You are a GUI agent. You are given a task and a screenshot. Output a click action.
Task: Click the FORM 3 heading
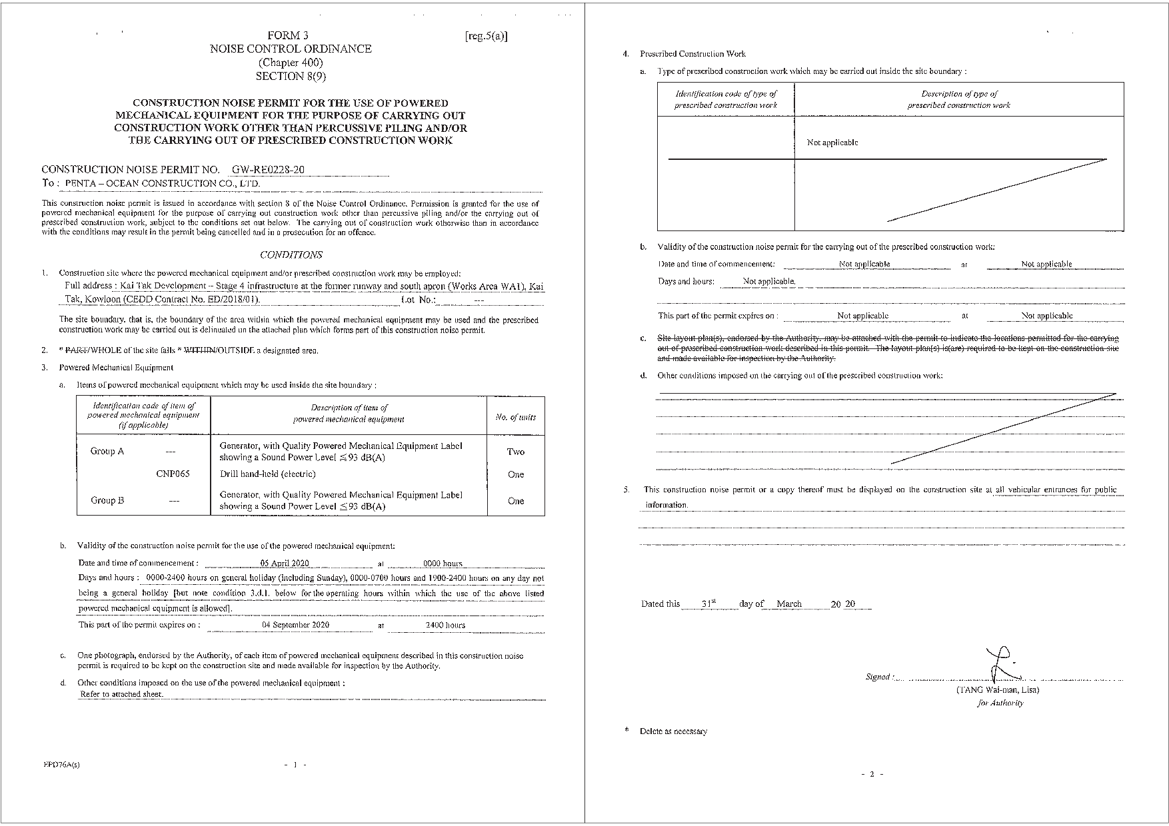[x=288, y=35]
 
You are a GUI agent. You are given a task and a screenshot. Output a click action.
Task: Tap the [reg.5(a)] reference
[x=486, y=36]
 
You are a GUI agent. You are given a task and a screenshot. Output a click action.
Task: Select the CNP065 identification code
[x=173, y=474]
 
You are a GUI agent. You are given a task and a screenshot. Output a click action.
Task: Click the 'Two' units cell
[x=515, y=452]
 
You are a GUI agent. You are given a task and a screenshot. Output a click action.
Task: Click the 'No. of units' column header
[x=515, y=417]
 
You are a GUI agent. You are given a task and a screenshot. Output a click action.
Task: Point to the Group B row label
[x=107, y=500]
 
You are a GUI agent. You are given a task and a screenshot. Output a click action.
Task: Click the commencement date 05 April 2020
[x=285, y=564]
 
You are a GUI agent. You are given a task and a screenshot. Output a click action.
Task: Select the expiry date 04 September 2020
[x=295, y=625]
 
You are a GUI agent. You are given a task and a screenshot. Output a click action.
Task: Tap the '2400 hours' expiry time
[x=445, y=625]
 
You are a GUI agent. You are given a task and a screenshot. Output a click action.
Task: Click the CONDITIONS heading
[x=291, y=255]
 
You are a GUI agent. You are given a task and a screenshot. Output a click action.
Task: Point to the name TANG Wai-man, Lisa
[x=997, y=690]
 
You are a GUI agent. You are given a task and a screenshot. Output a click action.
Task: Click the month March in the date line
[x=789, y=604]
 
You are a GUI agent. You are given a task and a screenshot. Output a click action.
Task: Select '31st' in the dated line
[x=708, y=604]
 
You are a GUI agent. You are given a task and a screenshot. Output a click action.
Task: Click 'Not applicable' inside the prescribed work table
[x=832, y=143]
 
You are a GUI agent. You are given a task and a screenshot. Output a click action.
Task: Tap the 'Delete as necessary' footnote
[x=673, y=731]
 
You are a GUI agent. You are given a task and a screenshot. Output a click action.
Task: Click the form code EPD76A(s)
[x=61, y=765]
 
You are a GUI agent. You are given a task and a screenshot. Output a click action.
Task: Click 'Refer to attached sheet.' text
[x=121, y=694]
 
